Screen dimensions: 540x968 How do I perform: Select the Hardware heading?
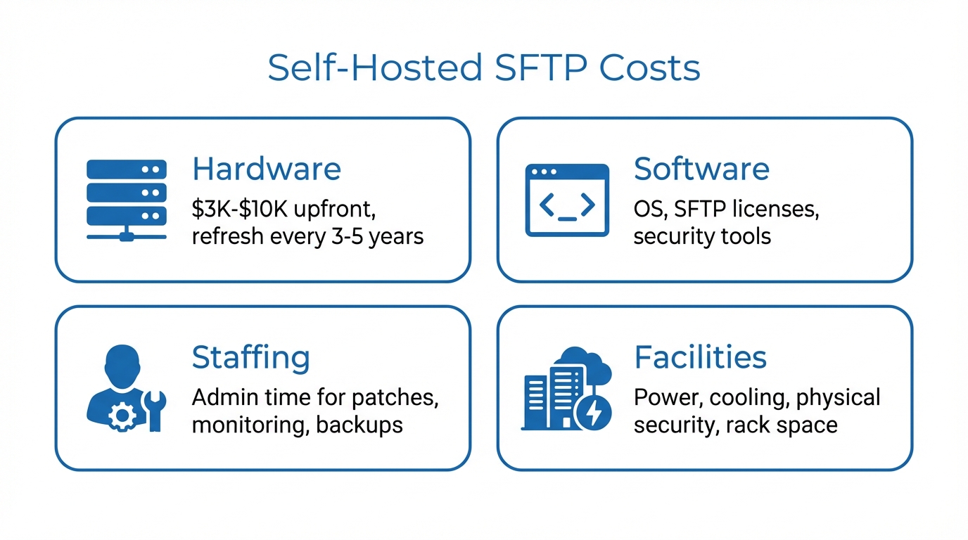click(x=266, y=169)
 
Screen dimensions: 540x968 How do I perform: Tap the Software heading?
click(x=701, y=169)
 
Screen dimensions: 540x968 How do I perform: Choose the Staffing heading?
click(x=250, y=357)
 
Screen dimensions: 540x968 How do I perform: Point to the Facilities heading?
click(x=700, y=357)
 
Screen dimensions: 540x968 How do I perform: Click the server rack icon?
click(x=127, y=200)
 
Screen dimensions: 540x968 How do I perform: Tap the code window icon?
click(x=567, y=200)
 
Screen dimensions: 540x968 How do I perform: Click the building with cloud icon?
click(x=563, y=388)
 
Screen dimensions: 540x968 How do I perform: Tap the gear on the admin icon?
click(x=122, y=417)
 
